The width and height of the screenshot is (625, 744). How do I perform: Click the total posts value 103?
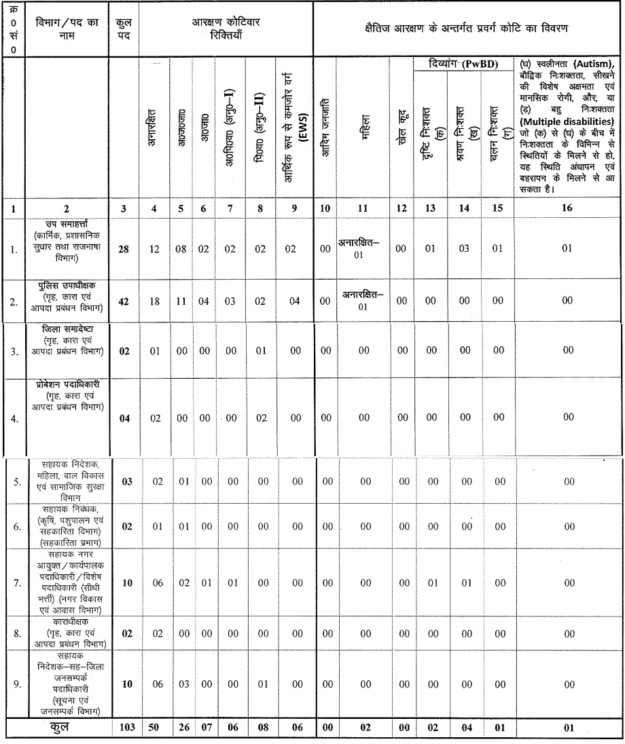pos(126,728)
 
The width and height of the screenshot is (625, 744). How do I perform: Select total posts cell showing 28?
pos(125,250)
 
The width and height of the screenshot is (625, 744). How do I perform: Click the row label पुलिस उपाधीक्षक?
pos(67,285)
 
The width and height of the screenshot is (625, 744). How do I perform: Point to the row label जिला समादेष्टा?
pos(67,329)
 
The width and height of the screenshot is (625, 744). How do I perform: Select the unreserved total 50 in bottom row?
pos(155,728)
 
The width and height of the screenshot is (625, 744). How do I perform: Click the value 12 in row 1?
pos(155,250)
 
